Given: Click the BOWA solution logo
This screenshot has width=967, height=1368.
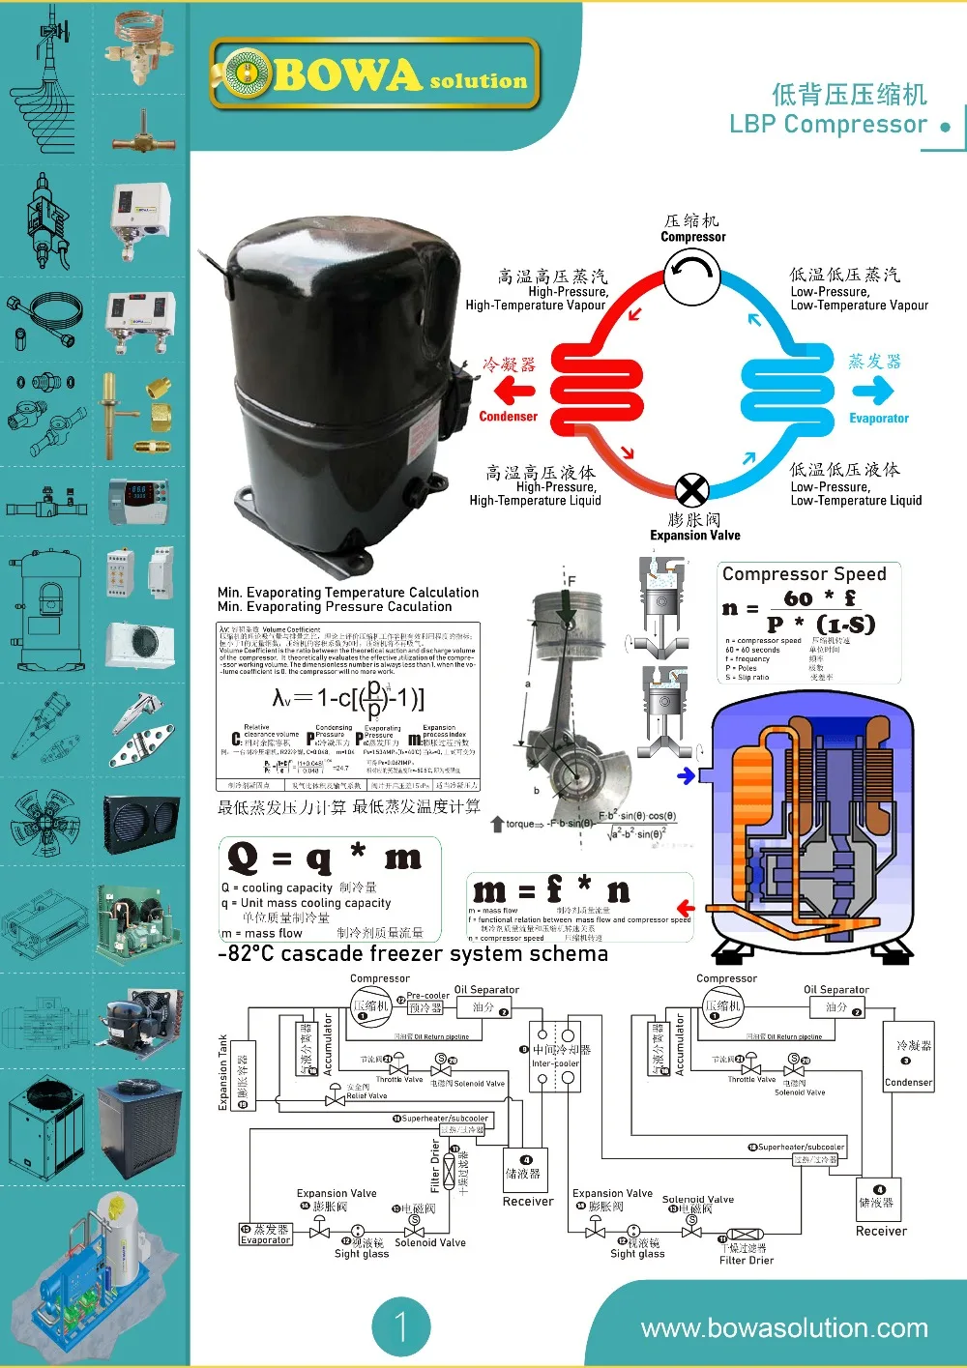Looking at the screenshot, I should [x=374, y=73].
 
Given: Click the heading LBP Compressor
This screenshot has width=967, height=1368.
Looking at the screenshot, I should [x=828, y=125].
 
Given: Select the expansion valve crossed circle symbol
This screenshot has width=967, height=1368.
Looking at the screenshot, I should [x=691, y=490].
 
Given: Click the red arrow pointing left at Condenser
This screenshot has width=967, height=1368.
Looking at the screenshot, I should [x=514, y=391].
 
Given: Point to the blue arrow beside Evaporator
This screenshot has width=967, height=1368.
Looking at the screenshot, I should [x=872, y=390].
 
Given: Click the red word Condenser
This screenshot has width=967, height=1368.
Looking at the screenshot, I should [x=508, y=417].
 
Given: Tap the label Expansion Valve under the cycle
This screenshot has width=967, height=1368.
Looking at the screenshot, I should [x=695, y=536].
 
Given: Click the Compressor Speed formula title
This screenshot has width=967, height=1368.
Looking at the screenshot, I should [x=804, y=573].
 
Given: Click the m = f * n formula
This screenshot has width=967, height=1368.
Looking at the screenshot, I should [x=550, y=889].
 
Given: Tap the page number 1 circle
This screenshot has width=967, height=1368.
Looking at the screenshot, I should [x=400, y=1325].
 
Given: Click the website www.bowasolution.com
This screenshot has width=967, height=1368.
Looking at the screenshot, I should [x=784, y=1328].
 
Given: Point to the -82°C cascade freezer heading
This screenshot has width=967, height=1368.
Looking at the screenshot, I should [x=413, y=954].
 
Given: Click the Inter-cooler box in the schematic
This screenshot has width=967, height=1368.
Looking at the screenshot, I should [x=555, y=1056].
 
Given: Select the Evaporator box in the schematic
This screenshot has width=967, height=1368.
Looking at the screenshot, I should [x=265, y=1234].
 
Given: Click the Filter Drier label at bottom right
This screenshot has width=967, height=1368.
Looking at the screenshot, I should [x=747, y=1260].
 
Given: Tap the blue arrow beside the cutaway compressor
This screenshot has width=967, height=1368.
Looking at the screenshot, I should [x=687, y=775].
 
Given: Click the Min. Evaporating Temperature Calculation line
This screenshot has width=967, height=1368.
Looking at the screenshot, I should [x=348, y=593].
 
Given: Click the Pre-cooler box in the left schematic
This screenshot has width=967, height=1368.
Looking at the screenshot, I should [x=425, y=1006].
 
